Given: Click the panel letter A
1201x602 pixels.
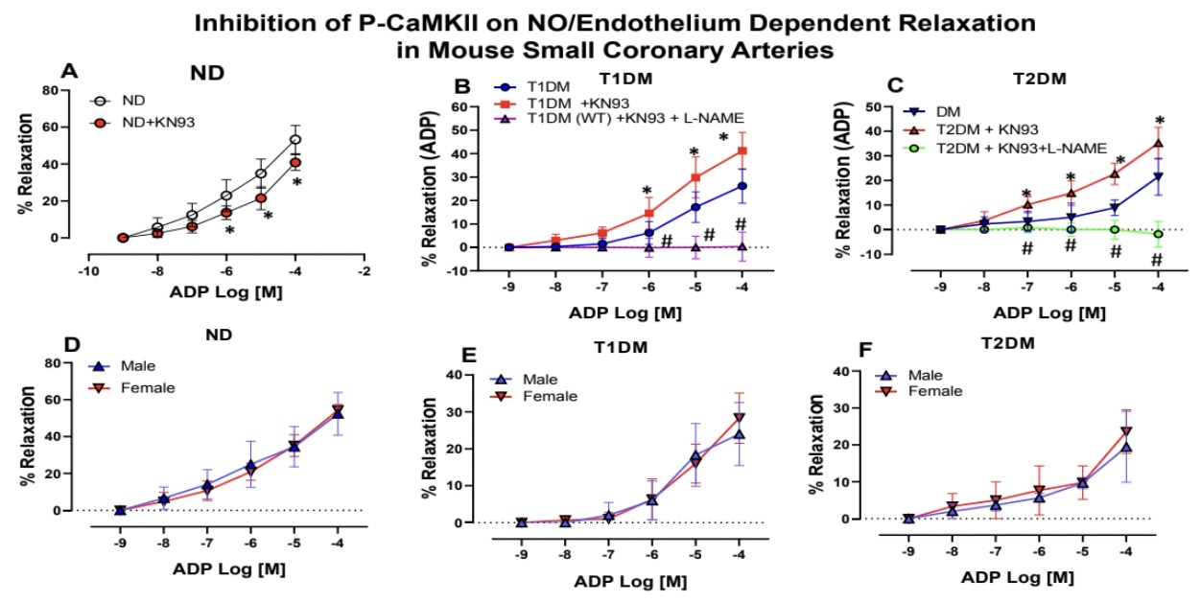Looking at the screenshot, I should click(68, 70).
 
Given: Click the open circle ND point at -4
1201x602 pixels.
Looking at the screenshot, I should click(296, 139).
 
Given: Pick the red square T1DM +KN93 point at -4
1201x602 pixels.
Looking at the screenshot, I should click(742, 150).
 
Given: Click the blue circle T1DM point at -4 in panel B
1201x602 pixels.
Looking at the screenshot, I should click(742, 186).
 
